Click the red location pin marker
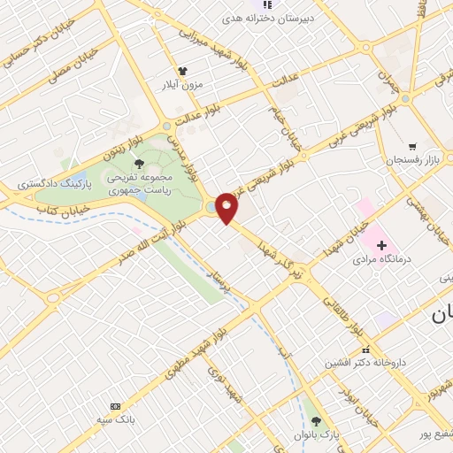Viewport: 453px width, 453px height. point(227,208)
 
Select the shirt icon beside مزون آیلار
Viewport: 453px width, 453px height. point(182,70)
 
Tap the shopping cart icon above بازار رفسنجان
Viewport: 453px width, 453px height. point(411,146)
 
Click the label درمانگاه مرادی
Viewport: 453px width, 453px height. point(379,261)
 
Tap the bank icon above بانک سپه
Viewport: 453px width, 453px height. point(114,404)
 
